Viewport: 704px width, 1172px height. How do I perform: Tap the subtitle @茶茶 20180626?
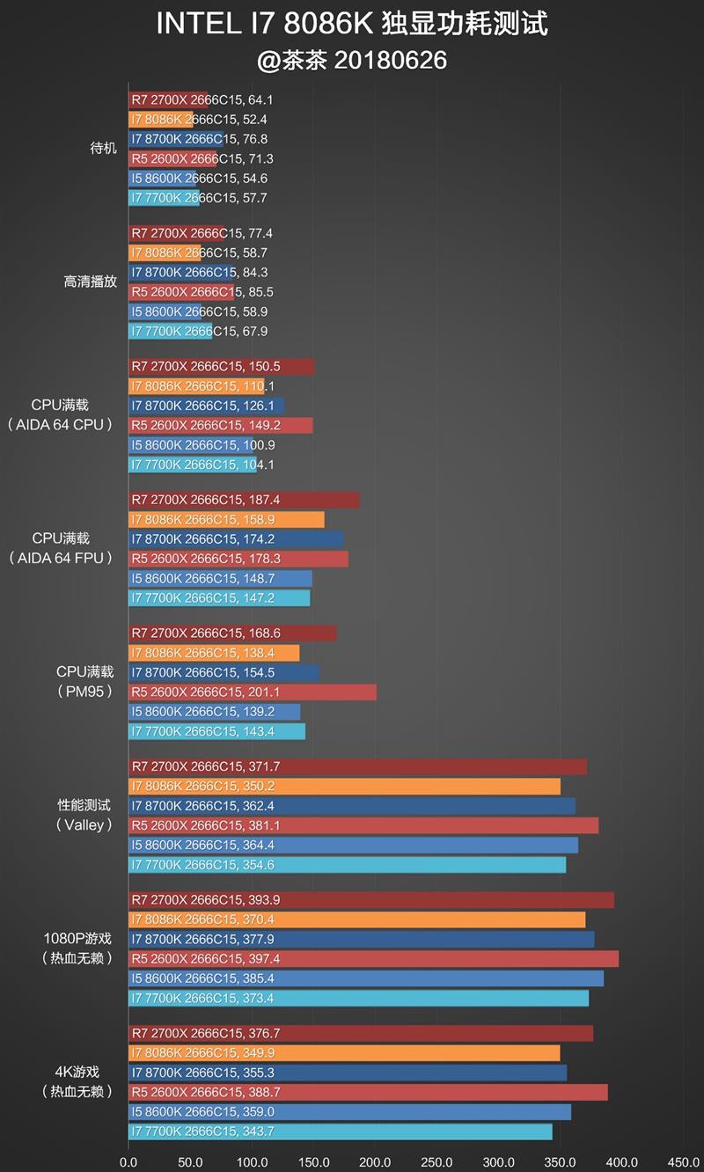352,60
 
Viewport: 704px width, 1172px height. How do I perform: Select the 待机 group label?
103,149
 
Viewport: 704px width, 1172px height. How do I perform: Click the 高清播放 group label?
90,282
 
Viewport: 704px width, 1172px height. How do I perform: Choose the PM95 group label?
84,692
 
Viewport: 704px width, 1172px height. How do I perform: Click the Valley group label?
84,825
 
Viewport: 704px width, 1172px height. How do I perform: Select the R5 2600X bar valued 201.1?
252,692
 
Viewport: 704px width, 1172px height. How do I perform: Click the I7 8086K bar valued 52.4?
160,120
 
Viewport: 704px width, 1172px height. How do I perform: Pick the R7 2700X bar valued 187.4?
244,500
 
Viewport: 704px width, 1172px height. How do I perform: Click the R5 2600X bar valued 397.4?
373,959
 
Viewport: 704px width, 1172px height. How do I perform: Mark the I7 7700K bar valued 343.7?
340,1132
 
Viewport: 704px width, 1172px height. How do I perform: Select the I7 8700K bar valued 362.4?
351,806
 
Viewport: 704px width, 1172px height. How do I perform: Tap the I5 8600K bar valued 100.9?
190,445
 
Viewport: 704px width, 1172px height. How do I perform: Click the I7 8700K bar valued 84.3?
180,273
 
